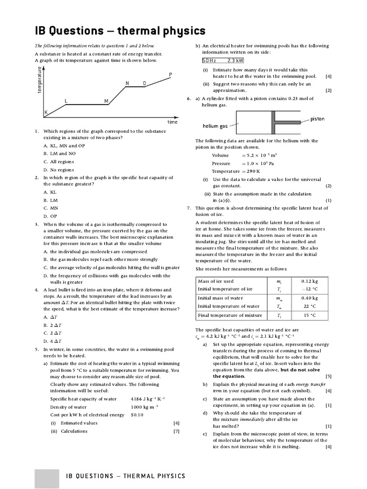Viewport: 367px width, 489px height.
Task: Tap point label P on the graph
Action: click(171, 74)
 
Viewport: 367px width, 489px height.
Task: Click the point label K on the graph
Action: click(46, 112)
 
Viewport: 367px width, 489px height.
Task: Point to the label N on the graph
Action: click(127, 84)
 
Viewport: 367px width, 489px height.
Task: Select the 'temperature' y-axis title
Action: click(40, 80)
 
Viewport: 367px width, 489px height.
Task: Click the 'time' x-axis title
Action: click(173, 122)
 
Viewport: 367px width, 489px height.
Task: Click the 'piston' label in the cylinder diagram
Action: click(318, 119)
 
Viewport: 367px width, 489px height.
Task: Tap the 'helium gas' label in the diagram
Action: click(215, 126)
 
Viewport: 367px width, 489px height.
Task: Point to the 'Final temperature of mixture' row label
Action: click(230, 315)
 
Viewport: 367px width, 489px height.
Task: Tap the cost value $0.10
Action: click(137, 415)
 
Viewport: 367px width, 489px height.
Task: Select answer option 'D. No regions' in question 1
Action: click(58, 170)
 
